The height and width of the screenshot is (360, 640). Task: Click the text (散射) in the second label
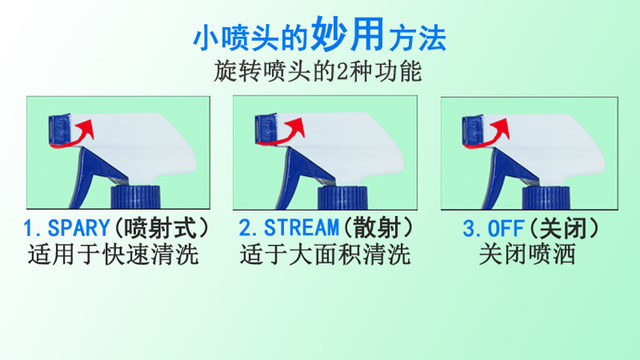pos(370,227)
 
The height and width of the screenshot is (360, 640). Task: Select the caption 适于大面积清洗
pos(325,255)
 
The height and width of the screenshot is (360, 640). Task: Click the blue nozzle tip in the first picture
pos(58,128)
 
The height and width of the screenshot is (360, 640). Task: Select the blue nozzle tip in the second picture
pos(266,128)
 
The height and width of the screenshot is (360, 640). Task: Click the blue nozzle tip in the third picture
pos(476,128)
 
